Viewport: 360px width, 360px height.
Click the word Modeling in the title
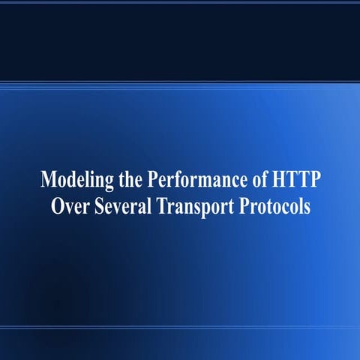(x=75, y=181)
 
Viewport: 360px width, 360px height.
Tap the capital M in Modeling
(x=49, y=181)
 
